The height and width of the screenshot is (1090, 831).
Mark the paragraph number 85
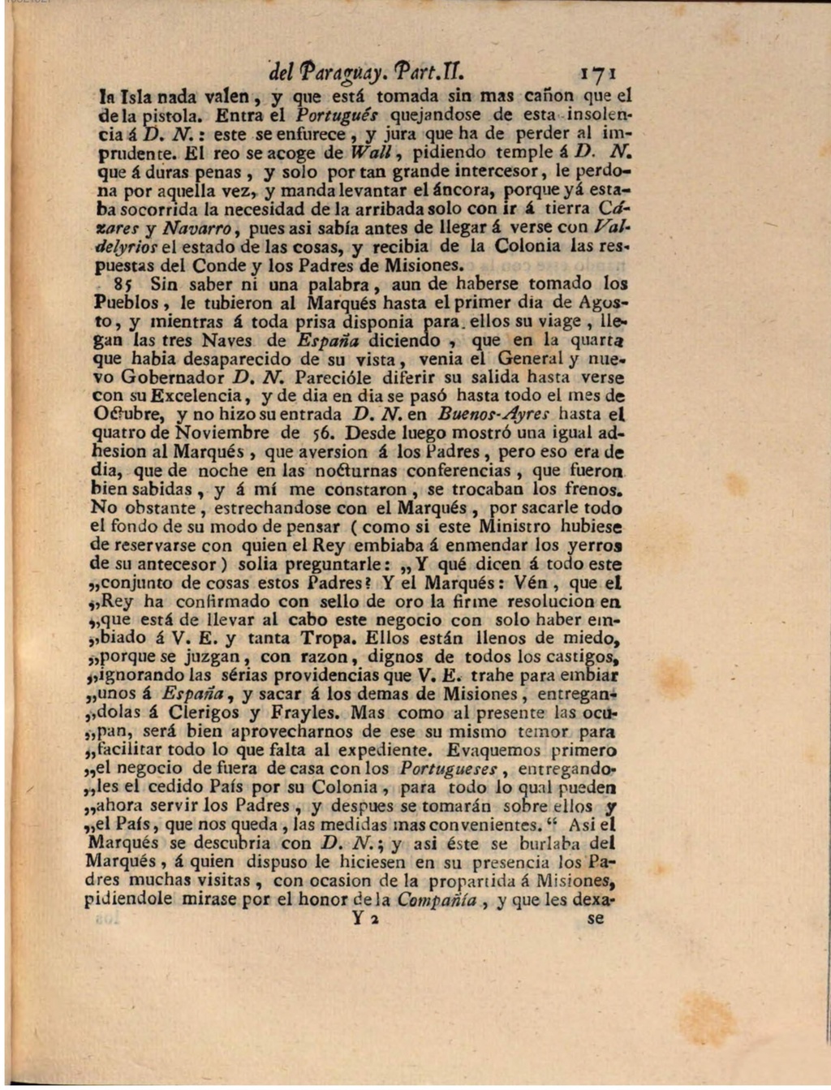pos(123,285)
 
